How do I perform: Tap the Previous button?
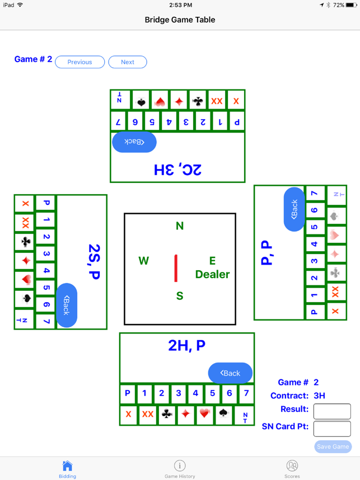click(x=80, y=62)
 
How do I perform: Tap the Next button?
click(x=128, y=62)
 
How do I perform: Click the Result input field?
click(x=332, y=411)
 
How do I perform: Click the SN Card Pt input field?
click(x=332, y=429)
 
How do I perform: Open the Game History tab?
click(x=180, y=469)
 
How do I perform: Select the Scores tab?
click(x=292, y=469)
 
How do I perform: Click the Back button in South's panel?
click(x=230, y=373)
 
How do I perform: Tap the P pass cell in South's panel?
click(x=128, y=393)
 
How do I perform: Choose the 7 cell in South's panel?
click(x=245, y=393)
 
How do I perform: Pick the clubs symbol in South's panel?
click(x=167, y=414)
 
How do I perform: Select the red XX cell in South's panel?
click(x=148, y=414)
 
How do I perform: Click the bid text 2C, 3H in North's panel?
click(x=177, y=169)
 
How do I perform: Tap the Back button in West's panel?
click(x=67, y=305)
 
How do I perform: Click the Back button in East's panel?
click(x=294, y=209)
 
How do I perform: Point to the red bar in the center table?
click(x=176, y=268)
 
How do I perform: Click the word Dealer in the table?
click(x=212, y=274)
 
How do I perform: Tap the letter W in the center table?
click(x=144, y=261)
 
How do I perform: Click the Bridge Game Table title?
click(x=180, y=20)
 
